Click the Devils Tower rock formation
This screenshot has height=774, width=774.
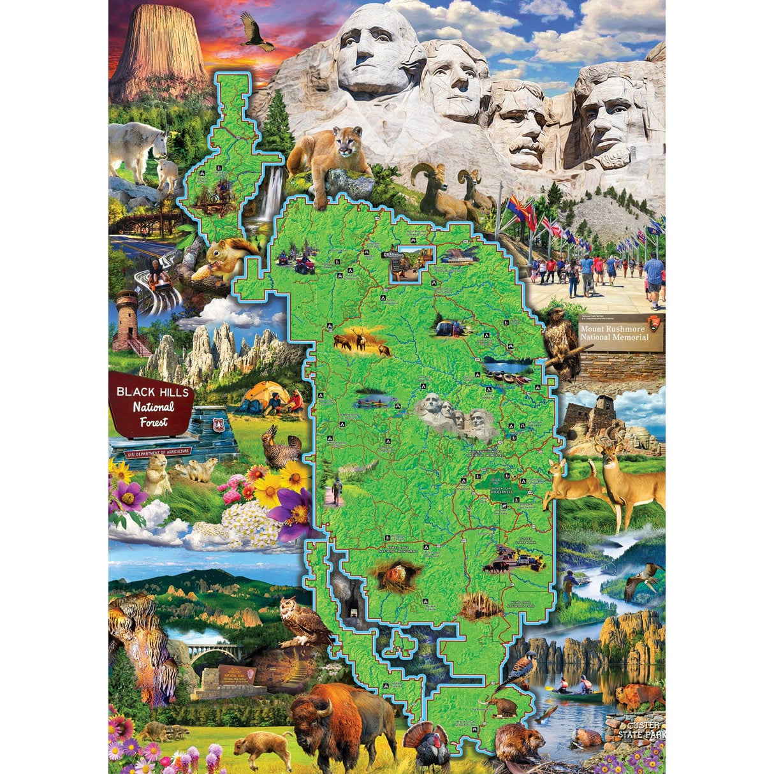click(159, 54)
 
